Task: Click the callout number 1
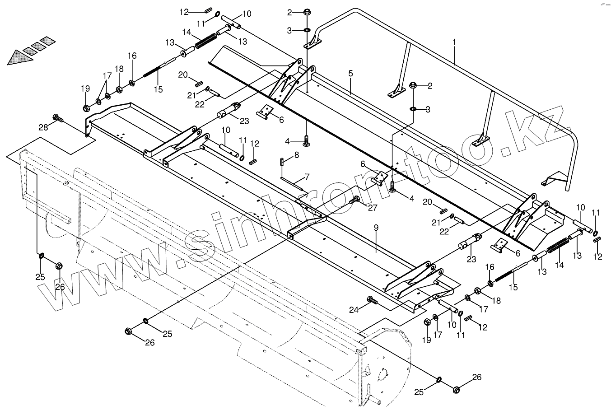pyautogui.click(x=454, y=42)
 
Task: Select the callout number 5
pyautogui.click(x=350, y=74)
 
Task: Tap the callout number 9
pyautogui.click(x=376, y=228)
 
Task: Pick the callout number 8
pyautogui.click(x=296, y=155)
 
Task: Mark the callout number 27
pyautogui.click(x=372, y=208)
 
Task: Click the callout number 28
pyautogui.click(x=43, y=128)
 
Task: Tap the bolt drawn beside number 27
pyautogui.click(x=355, y=199)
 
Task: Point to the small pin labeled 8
pyautogui.click(x=282, y=161)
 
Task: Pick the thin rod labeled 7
pyautogui.click(x=294, y=183)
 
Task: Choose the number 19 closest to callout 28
pyautogui.click(x=86, y=89)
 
